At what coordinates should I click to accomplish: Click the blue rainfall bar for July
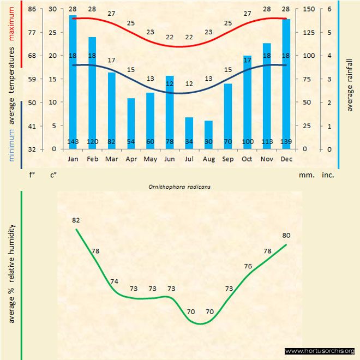point(189,133)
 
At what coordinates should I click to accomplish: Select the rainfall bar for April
point(131,124)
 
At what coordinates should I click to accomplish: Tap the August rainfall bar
point(208,135)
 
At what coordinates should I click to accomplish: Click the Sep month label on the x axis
point(228,159)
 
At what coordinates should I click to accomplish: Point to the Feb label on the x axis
point(92,159)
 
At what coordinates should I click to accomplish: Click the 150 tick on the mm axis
point(309,9)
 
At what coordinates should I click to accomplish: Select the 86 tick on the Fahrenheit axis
point(32,9)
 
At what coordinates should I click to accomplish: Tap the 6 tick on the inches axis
point(329,9)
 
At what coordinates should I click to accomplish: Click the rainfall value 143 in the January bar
point(73,141)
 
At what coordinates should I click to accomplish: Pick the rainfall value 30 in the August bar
point(208,141)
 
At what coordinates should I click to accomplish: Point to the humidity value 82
point(76,220)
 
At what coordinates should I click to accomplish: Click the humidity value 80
point(286,235)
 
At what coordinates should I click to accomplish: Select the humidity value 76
point(248,266)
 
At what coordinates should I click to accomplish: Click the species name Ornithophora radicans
point(179,187)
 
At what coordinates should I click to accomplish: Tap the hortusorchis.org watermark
point(320,351)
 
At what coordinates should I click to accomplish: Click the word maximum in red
point(11,23)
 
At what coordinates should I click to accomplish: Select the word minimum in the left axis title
point(11,145)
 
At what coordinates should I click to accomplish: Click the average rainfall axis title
point(350,85)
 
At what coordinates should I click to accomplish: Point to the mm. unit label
point(307,175)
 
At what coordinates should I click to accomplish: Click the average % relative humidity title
point(11,274)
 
